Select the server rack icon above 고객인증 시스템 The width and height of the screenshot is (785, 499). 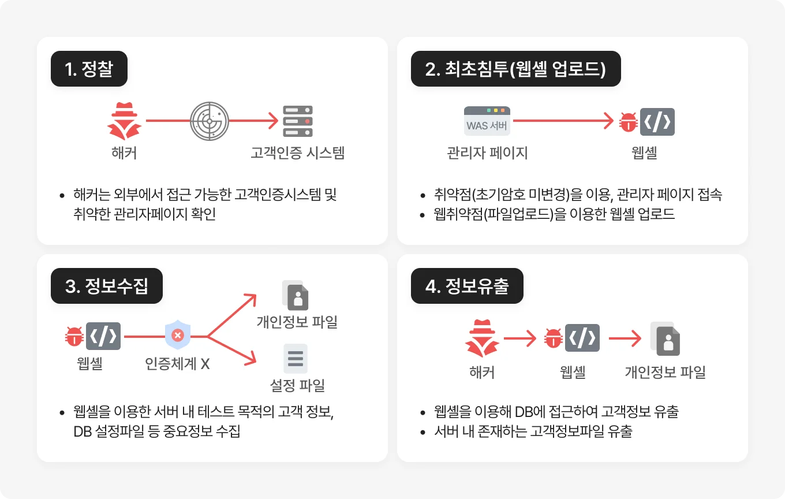(298, 121)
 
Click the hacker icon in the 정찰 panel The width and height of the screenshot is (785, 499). (124, 121)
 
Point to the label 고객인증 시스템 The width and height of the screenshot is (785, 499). (298, 153)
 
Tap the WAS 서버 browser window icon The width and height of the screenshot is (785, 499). (487, 121)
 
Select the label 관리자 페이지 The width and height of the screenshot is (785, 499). (487, 153)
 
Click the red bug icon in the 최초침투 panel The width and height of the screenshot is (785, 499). (627, 122)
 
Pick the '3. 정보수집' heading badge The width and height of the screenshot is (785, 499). (107, 286)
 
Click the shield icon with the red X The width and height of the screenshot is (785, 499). (178, 336)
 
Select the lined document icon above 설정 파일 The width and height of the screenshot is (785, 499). (296, 359)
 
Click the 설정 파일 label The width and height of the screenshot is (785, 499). (297, 385)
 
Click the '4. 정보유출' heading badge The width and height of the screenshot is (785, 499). (467, 286)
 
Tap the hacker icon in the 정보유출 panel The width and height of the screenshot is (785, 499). (482, 338)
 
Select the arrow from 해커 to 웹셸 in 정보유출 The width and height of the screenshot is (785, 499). (520, 338)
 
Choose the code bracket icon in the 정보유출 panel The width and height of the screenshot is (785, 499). (582, 338)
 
